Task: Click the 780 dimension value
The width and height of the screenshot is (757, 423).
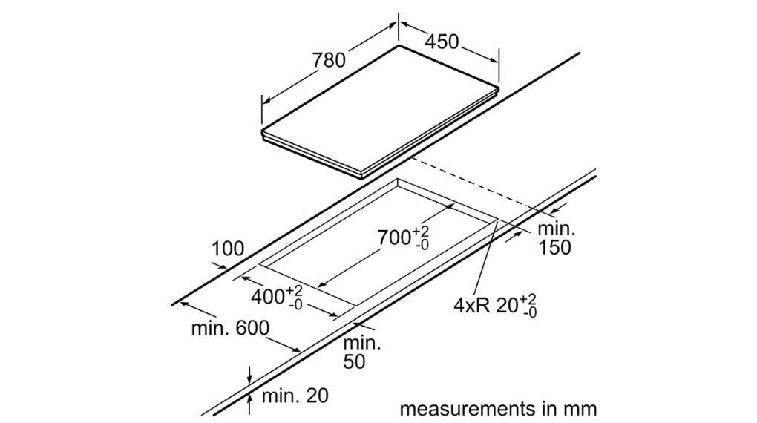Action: coord(329,61)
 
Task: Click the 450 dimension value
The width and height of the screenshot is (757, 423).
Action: coord(442,43)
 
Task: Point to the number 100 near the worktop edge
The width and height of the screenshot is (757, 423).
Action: coord(227,249)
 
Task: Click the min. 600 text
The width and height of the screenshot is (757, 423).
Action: coord(230,328)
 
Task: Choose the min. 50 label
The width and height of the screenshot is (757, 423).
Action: coord(361,352)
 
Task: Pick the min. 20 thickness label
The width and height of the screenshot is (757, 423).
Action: coord(295,396)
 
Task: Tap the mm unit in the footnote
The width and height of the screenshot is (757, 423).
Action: coord(580,409)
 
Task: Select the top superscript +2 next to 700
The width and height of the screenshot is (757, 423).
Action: coord(422,230)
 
